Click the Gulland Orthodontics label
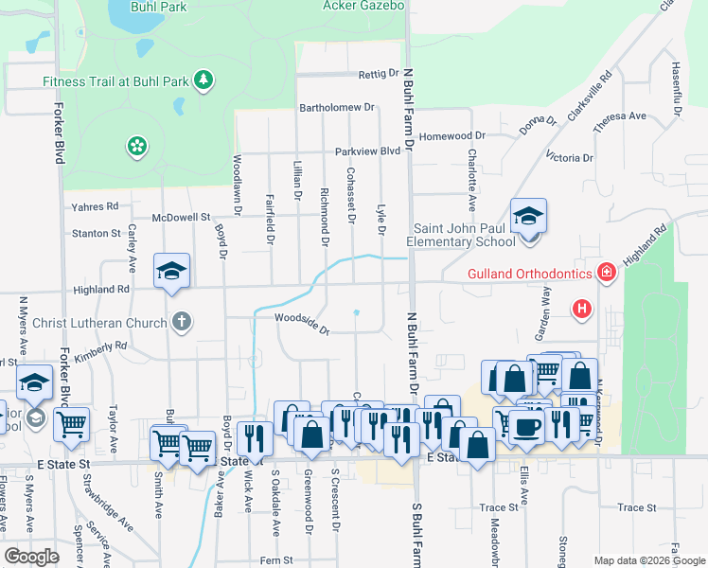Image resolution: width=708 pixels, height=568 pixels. coord(530,275)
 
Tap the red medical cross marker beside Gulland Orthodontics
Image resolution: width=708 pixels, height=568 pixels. coord(607,274)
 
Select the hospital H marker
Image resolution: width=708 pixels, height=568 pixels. coord(582,309)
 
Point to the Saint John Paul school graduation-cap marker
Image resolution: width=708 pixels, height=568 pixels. coord(528,218)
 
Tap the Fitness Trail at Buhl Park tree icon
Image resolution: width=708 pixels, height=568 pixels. coord(203,80)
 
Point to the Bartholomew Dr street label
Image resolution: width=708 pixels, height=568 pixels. coord(338,108)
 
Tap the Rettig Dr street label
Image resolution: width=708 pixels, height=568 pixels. coord(380,74)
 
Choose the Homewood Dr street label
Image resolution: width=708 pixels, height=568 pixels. coord(452,135)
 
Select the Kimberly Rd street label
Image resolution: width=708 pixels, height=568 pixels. coord(100,349)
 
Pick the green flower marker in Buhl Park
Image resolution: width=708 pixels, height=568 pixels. coord(137,146)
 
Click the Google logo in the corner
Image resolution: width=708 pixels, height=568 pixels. coord(31,557)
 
